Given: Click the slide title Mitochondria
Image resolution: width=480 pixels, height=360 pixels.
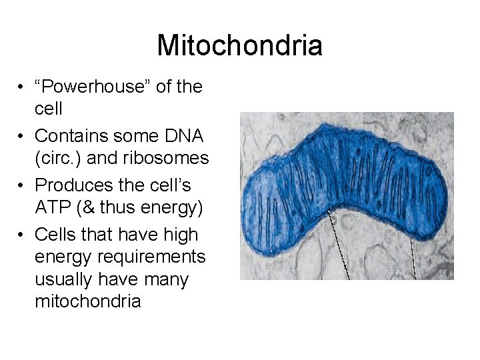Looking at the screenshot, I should pos(239,46).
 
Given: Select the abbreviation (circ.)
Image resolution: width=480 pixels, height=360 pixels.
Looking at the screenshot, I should pos(60,159).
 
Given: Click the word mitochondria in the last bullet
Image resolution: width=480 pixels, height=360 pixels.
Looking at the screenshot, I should pos(87,301).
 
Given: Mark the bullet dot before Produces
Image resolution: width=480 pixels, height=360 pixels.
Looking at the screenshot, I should pos(23,185).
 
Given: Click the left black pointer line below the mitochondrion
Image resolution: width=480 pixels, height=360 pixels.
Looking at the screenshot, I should pos(339,243).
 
